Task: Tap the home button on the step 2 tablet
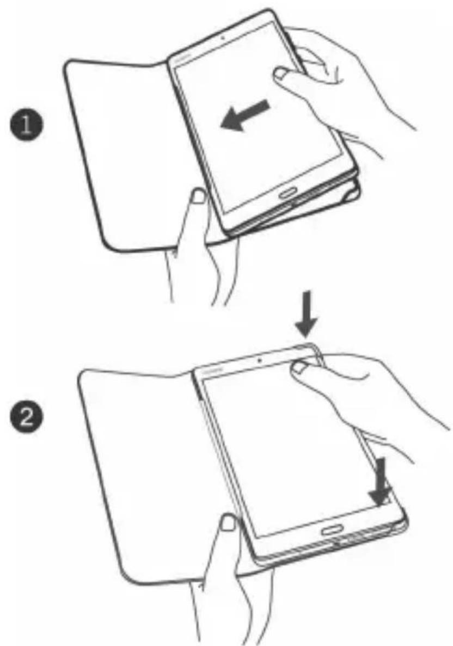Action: (331, 530)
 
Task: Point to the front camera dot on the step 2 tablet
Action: (259, 360)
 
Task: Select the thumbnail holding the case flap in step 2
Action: (227, 524)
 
